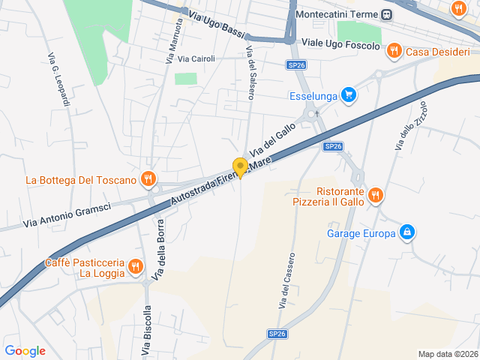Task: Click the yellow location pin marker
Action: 240,168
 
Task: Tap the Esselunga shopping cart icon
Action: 347,95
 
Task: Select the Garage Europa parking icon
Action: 406,233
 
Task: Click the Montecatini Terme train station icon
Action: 386,14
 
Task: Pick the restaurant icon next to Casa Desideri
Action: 394,52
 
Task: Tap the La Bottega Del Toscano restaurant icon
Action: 148,179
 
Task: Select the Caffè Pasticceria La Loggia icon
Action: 135,266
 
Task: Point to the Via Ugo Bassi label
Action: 217,26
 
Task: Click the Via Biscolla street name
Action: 147,330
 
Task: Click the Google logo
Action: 25,350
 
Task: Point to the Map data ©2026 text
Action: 447,354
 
